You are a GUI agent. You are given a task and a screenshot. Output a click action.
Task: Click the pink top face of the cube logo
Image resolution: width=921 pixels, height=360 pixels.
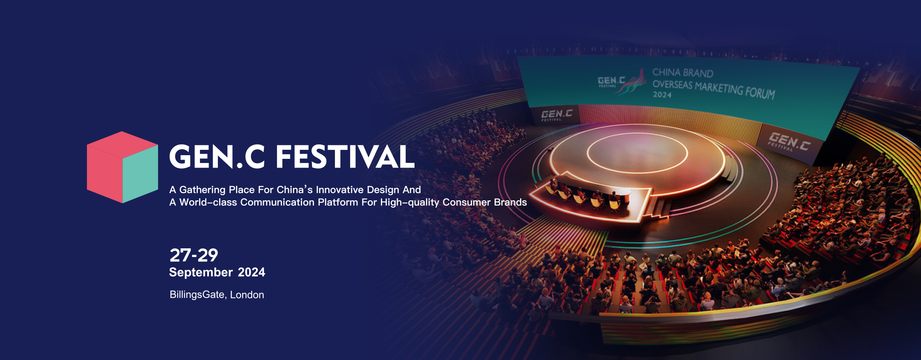tap(122, 145)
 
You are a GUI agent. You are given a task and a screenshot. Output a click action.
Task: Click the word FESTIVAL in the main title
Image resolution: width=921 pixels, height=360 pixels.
tap(345, 157)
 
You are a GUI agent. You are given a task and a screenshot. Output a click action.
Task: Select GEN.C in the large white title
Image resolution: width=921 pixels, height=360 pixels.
tap(217, 157)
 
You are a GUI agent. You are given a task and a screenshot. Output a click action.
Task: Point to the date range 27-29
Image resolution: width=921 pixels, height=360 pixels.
tap(194, 255)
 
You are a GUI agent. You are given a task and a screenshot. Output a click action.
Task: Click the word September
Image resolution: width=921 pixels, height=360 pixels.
tap(201, 273)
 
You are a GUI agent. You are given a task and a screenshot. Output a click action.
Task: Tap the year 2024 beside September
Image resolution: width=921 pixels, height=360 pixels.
tap(252, 272)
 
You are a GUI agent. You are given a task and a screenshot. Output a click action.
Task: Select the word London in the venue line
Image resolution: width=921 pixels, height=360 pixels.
tap(247, 295)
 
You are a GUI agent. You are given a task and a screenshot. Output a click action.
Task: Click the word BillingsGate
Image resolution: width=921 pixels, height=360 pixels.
tap(197, 295)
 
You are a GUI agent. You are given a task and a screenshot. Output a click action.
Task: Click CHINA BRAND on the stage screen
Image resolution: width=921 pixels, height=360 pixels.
tap(683, 73)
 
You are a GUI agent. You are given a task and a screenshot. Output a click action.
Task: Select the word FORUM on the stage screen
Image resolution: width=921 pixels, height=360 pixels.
tap(760, 92)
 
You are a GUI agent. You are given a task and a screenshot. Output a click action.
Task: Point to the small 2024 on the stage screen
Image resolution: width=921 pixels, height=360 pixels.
tap(662, 95)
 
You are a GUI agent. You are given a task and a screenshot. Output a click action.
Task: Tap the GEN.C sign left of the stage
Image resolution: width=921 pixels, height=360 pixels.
tap(557, 115)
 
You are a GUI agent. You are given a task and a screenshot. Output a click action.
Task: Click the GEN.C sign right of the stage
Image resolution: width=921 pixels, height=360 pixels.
tap(789, 142)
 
